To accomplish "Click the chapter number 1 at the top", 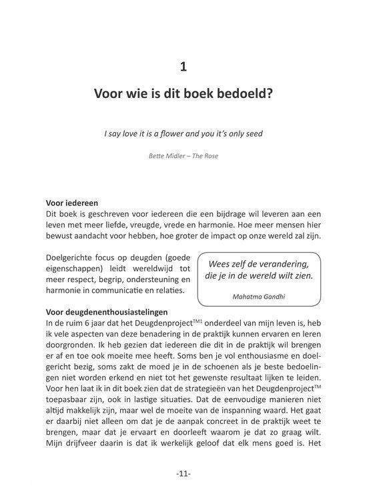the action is click(x=183, y=66).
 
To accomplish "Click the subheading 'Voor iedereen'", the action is click(x=74, y=203).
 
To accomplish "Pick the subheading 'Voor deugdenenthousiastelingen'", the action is click(x=106, y=311).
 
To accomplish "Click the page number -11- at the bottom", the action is click(x=183, y=474).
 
